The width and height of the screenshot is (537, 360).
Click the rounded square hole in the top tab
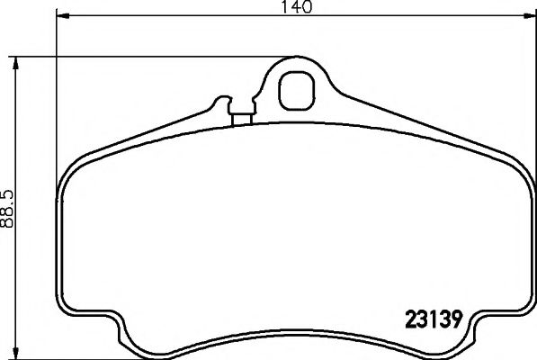pyautogui.click(x=295, y=90)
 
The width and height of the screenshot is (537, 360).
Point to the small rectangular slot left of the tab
pyautogui.click(x=241, y=115)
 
